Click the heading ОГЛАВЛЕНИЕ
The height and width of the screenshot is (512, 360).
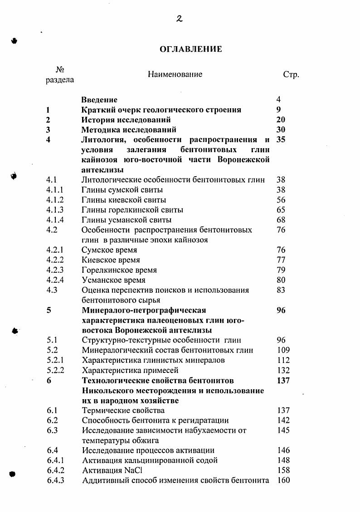click(191, 49)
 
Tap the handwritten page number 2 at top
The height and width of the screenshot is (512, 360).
click(179, 19)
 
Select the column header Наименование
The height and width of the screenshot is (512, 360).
click(175, 74)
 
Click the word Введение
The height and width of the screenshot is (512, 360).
click(99, 100)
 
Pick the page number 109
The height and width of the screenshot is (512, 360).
click(283, 350)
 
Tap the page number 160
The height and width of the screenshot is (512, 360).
click(283, 480)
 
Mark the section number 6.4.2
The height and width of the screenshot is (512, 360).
click(55, 470)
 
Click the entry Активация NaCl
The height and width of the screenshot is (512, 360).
click(109, 470)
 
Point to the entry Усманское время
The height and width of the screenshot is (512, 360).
click(114, 280)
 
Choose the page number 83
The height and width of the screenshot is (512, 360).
click(281, 290)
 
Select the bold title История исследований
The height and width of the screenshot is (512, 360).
click(126, 120)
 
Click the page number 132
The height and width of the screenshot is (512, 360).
click(283, 370)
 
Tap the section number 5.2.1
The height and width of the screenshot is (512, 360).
click(54, 360)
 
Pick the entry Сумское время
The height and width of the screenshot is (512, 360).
click(109, 250)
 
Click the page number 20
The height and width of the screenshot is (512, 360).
click(281, 120)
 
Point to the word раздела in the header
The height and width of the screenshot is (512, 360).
click(60, 80)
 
